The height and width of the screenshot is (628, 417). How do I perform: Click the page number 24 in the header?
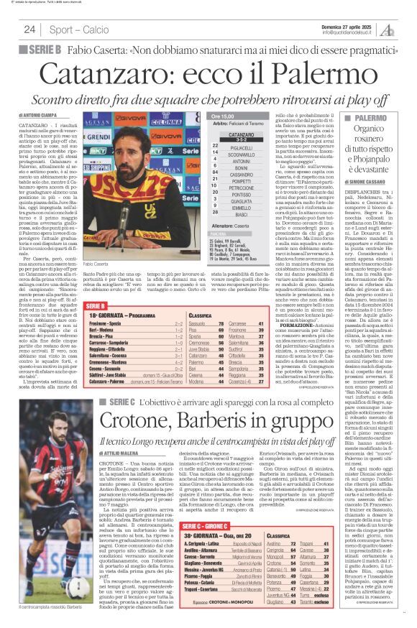29,29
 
